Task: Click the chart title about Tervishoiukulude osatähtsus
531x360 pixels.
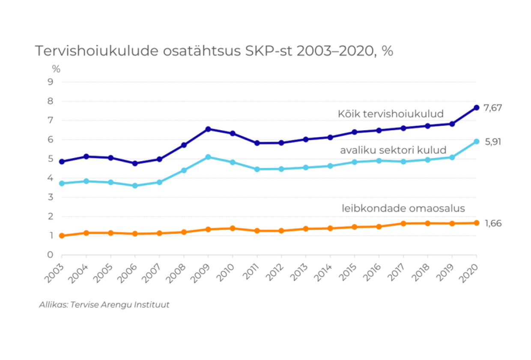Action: click(x=214, y=51)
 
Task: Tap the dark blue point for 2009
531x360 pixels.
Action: click(x=208, y=129)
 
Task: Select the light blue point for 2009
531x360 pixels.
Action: click(x=208, y=157)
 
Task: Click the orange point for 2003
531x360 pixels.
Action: click(x=62, y=236)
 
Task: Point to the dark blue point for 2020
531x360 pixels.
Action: click(x=476, y=108)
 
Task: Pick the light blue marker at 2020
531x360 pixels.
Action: click(x=476, y=141)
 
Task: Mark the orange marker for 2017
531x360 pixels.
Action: click(x=403, y=223)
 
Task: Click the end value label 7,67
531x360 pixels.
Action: click(x=492, y=108)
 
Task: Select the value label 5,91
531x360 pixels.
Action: click(x=492, y=141)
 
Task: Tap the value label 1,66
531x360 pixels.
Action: click(x=492, y=223)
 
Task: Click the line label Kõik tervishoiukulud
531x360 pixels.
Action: click(x=391, y=114)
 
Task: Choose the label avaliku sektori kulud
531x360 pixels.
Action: click(x=393, y=150)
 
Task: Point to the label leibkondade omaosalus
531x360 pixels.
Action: click(x=403, y=208)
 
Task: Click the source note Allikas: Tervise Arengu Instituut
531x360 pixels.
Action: click(x=104, y=305)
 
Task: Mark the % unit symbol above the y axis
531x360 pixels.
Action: click(x=56, y=69)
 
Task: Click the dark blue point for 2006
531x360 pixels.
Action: click(x=135, y=163)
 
